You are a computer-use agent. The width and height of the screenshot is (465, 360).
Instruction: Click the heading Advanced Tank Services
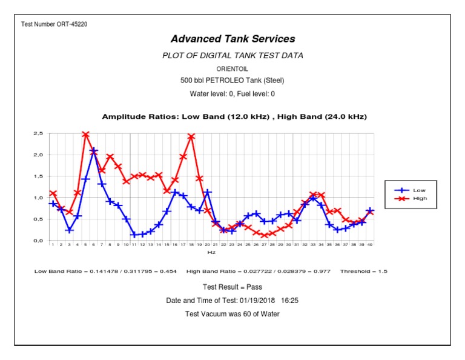coord(232,39)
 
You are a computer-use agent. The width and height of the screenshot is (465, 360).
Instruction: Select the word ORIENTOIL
coord(232,69)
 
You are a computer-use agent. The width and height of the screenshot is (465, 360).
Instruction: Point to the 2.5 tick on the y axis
coord(38,133)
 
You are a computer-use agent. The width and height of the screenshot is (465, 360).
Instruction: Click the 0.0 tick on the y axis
coord(38,241)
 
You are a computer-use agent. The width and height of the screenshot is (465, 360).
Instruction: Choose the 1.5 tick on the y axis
coord(38,176)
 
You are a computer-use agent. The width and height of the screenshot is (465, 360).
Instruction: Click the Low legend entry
coord(419,190)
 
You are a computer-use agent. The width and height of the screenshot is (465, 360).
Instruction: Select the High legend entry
coord(420,198)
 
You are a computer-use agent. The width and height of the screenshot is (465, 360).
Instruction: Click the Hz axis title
coord(211,252)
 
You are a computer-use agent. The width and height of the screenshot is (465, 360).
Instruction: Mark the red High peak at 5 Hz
coord(85,135)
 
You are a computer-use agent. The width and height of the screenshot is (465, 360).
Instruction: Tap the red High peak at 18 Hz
coord(191,136)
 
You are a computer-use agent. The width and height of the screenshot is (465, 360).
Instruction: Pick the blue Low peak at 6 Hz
coord(93,150)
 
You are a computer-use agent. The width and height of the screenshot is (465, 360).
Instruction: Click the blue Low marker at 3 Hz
coord(69,230)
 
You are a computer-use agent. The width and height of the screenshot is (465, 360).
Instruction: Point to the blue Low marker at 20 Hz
coord(208,192)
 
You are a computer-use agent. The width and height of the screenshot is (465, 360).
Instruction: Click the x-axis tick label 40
coord(370,245)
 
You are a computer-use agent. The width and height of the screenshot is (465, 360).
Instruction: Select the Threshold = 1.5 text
coord(363,272)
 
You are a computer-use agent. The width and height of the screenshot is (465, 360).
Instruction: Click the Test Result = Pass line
coord(232,287)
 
